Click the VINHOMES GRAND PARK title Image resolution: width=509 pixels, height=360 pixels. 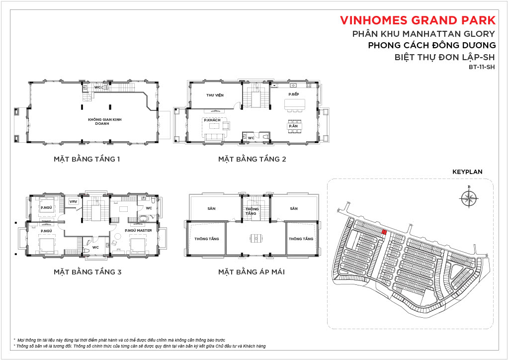coord(418,20)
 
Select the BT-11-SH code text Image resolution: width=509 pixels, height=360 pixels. coord(482,67)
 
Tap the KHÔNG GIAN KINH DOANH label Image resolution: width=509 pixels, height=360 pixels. coord(104,121)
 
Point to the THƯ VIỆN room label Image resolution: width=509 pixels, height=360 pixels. coord(215,95)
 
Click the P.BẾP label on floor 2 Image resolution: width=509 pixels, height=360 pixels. coord(293,94)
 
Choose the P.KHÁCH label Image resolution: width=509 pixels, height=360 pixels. coord(212,120)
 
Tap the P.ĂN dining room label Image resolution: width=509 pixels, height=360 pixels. coord(293,126)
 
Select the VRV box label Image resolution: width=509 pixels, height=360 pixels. coord(74,201)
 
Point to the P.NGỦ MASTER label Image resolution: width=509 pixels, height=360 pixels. coord(138,231)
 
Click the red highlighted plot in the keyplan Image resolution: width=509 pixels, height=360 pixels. coord(384,232)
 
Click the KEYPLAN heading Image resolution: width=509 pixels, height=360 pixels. coord(467,172)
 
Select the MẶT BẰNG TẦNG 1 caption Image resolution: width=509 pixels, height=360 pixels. coord(86,159)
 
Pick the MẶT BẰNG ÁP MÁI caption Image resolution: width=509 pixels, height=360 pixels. coord(251,271)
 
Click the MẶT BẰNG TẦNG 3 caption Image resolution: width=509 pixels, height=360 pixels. coord(87,271)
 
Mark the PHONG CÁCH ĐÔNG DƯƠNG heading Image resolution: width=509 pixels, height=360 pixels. coord(432,45)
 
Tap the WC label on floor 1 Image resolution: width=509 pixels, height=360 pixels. coord(97,88)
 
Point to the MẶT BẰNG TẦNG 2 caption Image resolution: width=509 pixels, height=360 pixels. coord(252,159)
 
